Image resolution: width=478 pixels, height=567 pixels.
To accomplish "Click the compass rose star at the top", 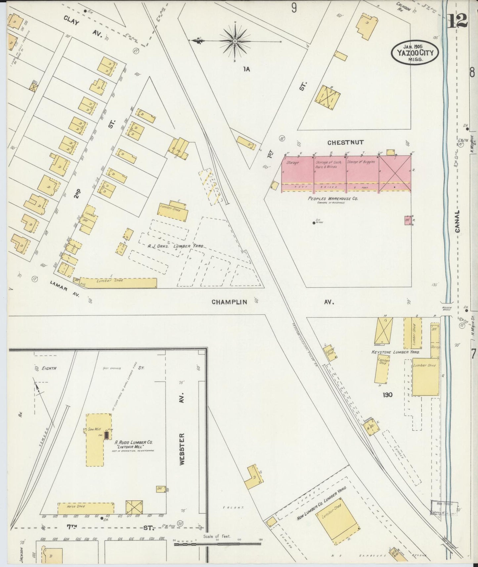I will tap(235, 41).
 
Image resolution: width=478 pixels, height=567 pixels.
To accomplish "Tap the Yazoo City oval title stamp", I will tap(415, 53).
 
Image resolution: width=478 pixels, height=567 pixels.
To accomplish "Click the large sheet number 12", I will tap(457, 21).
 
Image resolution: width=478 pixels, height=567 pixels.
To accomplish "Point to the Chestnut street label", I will tap(345, 142).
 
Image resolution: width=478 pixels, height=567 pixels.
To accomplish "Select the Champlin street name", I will tap(229, 302).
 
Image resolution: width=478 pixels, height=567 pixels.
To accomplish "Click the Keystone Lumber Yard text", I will tap(396, 352).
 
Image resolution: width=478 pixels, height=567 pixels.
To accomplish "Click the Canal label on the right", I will tap(458, 222).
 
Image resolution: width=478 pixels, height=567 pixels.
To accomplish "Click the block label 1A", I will tap(246, 69).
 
